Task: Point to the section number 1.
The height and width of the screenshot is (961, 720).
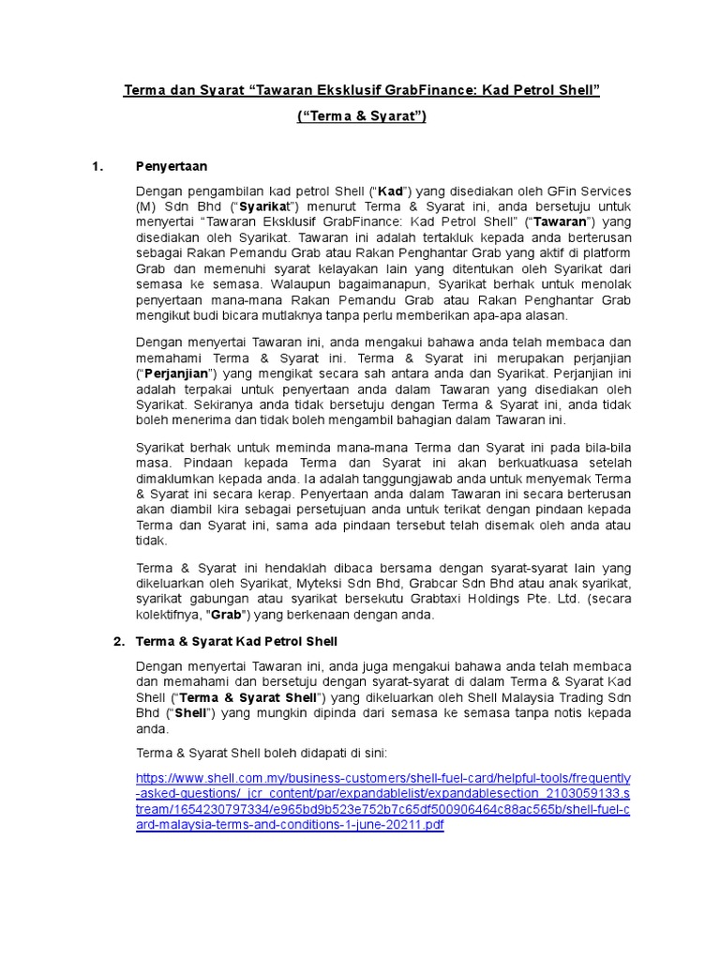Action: [96, 167]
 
